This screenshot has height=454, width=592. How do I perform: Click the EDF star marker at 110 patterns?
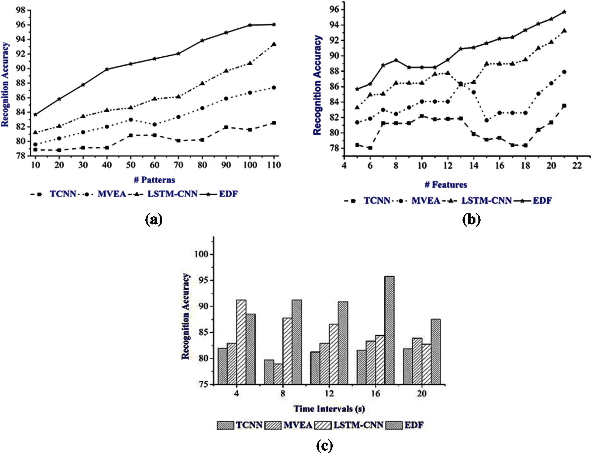274,25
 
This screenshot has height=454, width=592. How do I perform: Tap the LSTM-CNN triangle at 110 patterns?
274,44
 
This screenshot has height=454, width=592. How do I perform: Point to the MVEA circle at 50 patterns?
131,120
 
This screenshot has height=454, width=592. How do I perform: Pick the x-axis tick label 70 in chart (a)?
178,165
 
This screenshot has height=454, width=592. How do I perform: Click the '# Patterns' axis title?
154,180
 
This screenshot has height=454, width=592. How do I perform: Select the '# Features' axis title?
446,185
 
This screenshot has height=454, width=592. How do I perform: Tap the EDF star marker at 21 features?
564,12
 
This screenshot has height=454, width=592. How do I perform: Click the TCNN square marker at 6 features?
370,148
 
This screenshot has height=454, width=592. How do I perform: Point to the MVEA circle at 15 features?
487,121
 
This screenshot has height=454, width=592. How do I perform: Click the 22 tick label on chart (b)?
577,166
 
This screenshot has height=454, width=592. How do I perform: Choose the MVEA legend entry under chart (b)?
425,201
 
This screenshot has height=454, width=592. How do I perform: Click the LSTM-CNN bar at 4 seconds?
241,342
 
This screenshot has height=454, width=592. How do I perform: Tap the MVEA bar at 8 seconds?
278,374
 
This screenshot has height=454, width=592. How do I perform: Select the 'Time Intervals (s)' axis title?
329,409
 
